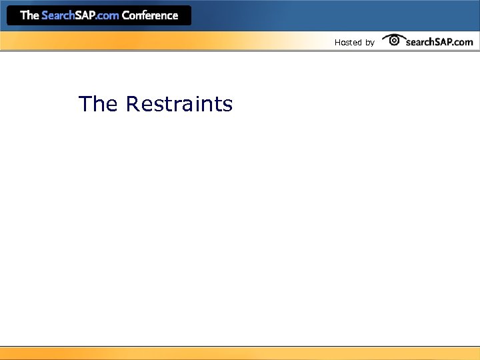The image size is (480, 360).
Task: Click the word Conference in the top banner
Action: click(150, 15)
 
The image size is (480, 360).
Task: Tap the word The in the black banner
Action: click(29, 15)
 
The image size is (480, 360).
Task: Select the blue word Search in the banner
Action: click(58, 15)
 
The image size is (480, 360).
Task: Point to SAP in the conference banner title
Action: click(85, 15)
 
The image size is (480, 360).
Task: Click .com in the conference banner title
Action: click(107, 15)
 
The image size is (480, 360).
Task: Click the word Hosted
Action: click(348, 43)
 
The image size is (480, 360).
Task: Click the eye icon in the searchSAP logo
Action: click(394, 40)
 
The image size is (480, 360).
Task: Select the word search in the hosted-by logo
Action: click(421, 42)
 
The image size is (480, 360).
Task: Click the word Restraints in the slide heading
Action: click(179, 104)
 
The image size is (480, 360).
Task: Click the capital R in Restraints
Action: click(132, 104)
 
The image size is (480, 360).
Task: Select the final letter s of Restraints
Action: click(228, 105)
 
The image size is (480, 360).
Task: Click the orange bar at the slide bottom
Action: click(240, 353)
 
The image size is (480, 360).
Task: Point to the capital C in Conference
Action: click(126, 15)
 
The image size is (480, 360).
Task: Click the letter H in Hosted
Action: click(337, 43)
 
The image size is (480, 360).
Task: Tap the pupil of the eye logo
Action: click(394, 41)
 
